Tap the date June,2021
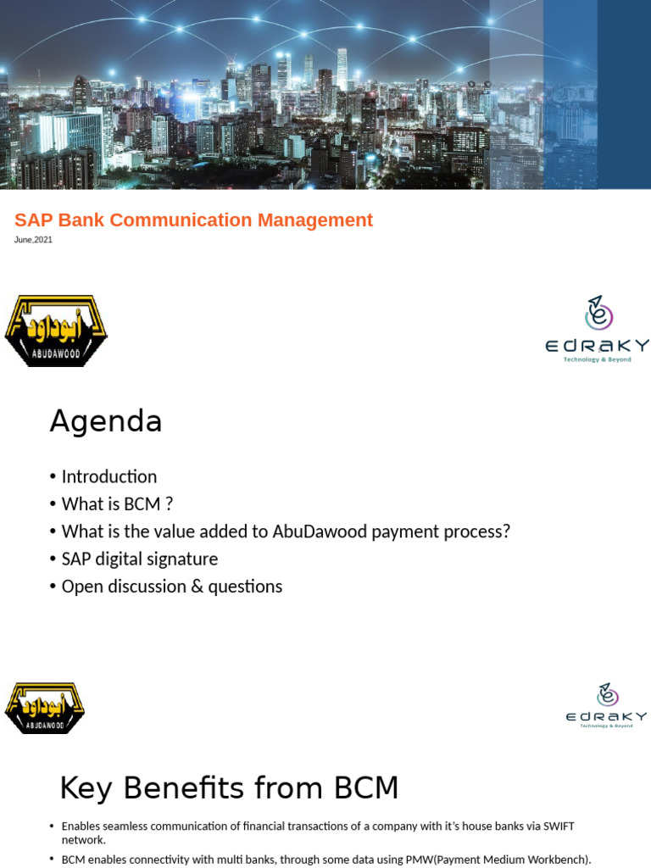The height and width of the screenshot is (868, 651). [33, 240]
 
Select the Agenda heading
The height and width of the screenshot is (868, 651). [106, 422]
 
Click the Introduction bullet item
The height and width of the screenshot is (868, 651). [109, 476]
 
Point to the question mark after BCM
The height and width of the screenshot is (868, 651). [170, 504]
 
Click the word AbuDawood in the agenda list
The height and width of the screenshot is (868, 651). [320, 531]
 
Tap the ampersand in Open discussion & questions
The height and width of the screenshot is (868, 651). [197, 587]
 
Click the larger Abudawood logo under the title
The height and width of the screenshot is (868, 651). [56, 331]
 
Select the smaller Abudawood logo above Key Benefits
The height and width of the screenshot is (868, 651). [44, 709]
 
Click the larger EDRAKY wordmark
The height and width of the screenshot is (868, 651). [598, 346]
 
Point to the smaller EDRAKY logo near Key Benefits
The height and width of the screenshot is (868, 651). [606, 706]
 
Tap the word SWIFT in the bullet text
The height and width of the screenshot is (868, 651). [559, 826]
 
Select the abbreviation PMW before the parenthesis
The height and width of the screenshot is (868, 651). [419, 860]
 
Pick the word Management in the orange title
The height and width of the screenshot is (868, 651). [315, 220]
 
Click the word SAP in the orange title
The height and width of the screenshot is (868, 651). [34, 220]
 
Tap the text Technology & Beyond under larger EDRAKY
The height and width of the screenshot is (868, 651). [598, 359]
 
